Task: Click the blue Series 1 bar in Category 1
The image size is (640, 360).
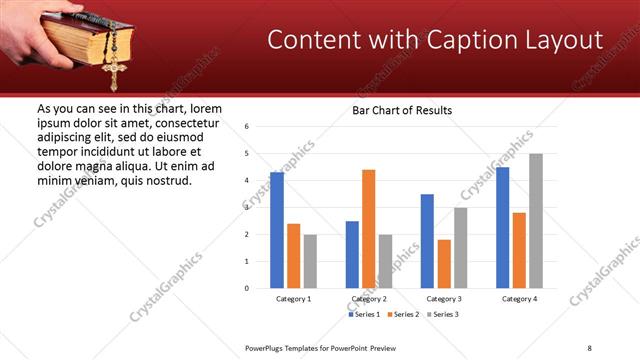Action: pos(277,230)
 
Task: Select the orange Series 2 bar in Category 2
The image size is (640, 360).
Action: pos(368,229)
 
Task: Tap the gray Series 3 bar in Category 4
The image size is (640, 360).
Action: pos(536,221)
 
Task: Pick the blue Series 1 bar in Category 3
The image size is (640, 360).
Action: pos(427,241)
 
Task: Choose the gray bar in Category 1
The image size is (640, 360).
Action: pos(310,261)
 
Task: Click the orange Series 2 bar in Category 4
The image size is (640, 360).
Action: pos(519,250)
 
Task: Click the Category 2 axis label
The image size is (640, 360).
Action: pos(369,299)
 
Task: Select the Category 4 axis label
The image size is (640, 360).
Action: pos(519,299)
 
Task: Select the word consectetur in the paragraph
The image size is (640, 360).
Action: pos(184,122)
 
